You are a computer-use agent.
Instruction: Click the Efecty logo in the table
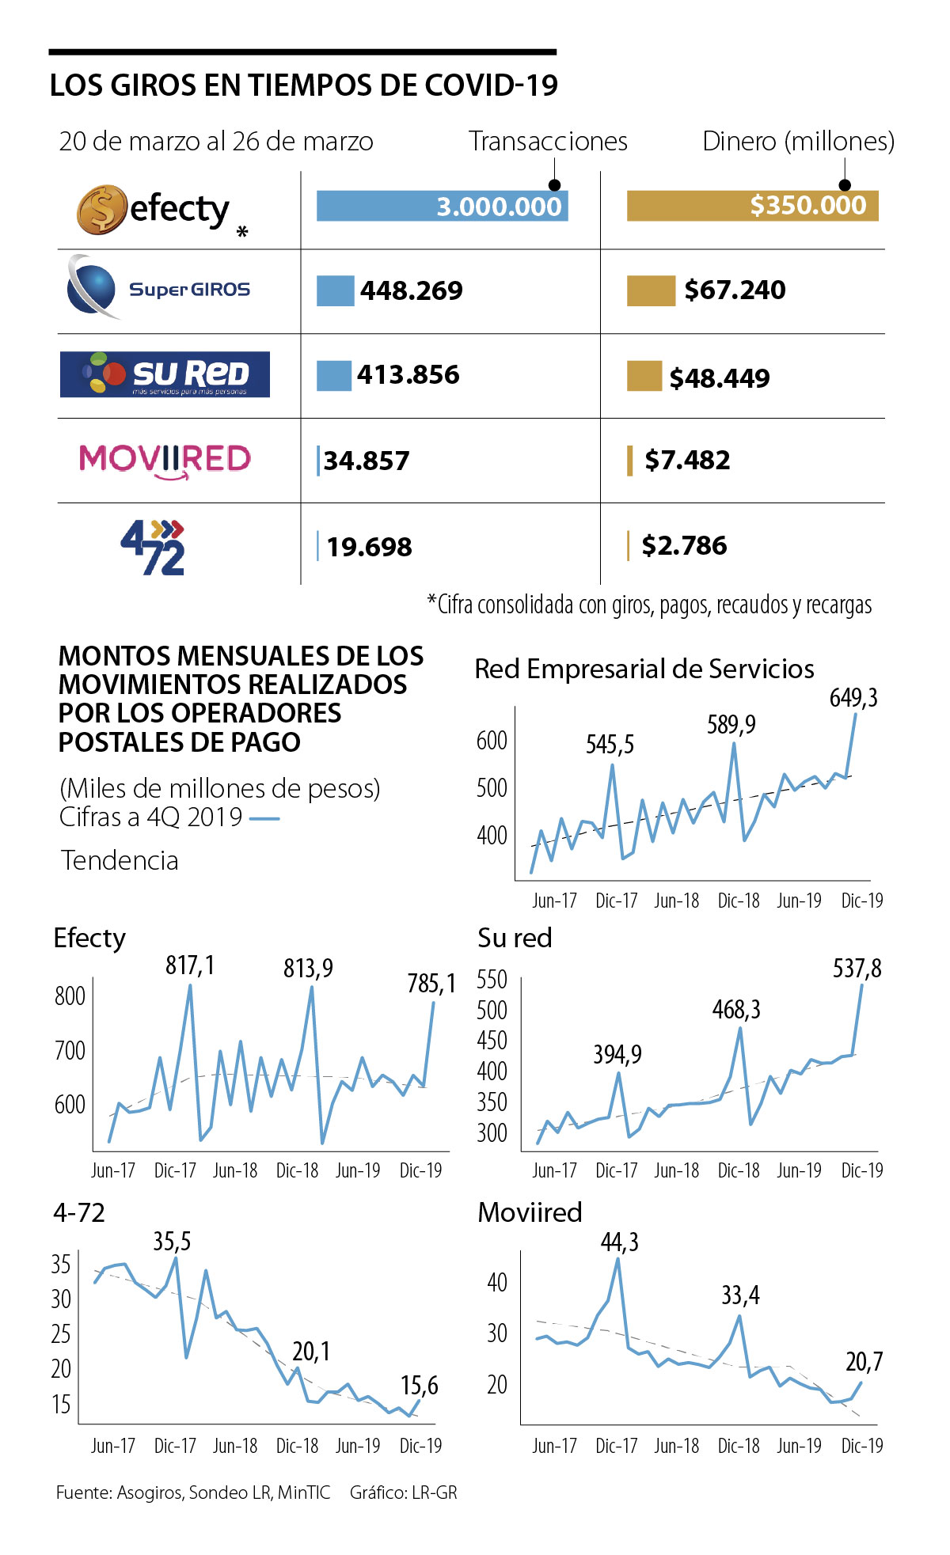pyautogui.click(x=154, y=210)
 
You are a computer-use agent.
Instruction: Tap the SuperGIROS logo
pyautogui.click(x=159, y=288)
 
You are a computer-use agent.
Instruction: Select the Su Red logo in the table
pyautogui.click(x=165, y=374)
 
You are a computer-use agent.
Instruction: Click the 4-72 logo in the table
pyautogui.click(x=154, y=547)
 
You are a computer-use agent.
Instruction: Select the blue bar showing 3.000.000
pyautogui.click(x=442, y=207)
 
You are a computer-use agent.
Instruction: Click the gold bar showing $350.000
pyautogui.click(x=752, y=206)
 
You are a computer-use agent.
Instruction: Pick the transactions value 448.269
pyautogui.click(x=411, y=291)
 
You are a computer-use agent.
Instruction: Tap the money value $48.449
pyautogui.click(x=719, y=378)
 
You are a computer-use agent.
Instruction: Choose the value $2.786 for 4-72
pyautogui.click(x=684, y=546)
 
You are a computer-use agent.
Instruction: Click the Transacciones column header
pyautogui.click(x=548, y=142)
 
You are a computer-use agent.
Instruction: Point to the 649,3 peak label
pyautogui.click(x=853, y=698)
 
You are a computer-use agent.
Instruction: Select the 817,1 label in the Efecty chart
pyautogui.click(x=190, y=965)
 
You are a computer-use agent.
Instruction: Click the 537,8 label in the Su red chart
pyautogui.click(x=857, y=969)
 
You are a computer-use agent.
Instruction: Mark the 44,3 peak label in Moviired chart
pyautogui.click(x=619, y=1242)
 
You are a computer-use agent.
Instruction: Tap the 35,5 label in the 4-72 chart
pyautogui.click(x=172, y=1242)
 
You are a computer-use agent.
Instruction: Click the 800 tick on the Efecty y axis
pyautogui.click(x=70, y=996)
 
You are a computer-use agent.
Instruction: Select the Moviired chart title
pyautogui.click(x=530, y=1212)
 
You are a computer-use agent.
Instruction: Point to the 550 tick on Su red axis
pyautogui.click(x=492, y=980)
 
